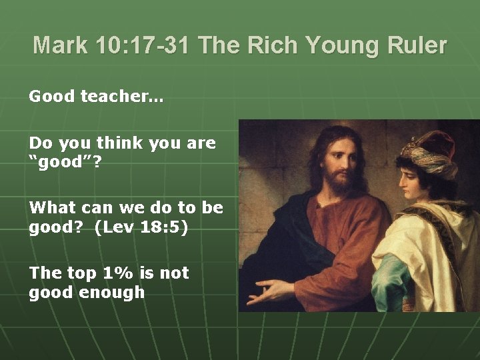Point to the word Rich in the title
(x=276, y=45)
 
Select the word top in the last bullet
(x=79, y=273)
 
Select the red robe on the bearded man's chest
(x=347, y=233)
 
